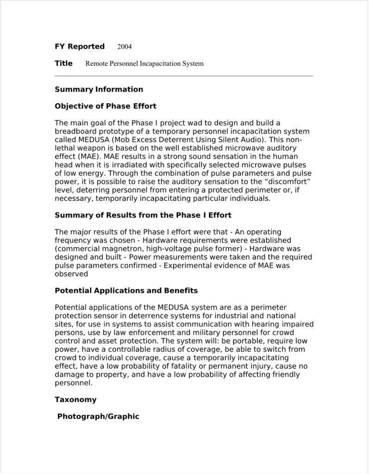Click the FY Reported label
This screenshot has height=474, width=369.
click(80, 46)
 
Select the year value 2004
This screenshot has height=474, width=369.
click(125, 47)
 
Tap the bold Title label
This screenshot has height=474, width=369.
click(63, 63)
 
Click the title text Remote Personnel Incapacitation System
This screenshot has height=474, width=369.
click(144, 63)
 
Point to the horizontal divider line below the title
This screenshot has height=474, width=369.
click(184, 75)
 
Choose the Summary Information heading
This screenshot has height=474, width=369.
click(99, 89)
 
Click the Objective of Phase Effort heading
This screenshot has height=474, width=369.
click(106, 106)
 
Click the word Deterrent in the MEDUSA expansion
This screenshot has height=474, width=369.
click(176, 140)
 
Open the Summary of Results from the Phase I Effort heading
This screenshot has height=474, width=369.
click(143, 215)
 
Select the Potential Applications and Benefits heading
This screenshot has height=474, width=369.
click(126, 291)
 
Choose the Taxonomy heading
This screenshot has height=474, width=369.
click(75, 399)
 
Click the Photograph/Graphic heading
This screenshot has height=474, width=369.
click(98, 417)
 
